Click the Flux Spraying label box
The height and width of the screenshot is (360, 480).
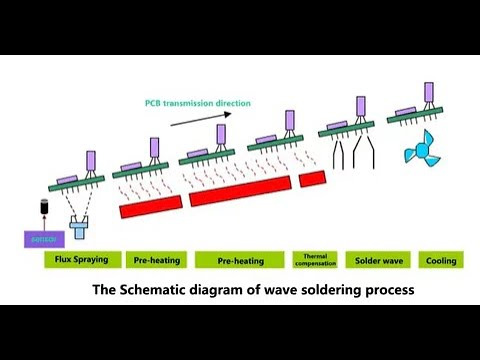pyautogui.click(x=76, y=260)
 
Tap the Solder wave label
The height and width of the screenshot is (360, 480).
pyautogui.click(x=379, y=260)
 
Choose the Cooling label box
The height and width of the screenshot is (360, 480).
pyautogui.click(x=440, y=260)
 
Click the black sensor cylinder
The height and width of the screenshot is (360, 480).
pyautogui.click(x=43, y=210)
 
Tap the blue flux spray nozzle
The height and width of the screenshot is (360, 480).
pyautogui.click(x=79, y=230)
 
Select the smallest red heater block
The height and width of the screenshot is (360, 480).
pyautogui.click(x=312, y=177)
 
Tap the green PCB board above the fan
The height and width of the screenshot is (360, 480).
pyautogui.click(x=414, y=117)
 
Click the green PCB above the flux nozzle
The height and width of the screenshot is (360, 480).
pyautogui.click(x=76, y=184)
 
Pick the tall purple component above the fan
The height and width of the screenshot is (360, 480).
pyautogui.click(x=428, y=93)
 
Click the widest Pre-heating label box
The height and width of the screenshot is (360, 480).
pyautogui.click(x=240, y=260)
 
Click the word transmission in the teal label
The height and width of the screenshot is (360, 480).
pyautogui.click(x=196, y=102)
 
